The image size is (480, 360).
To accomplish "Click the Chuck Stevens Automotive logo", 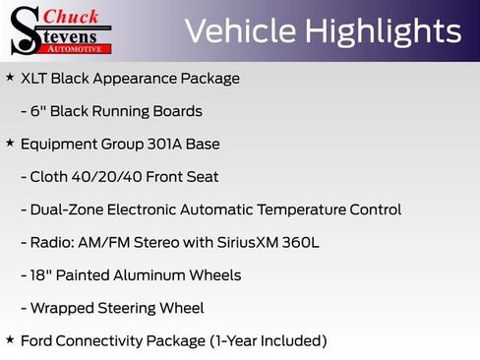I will pyautogui.click(x=61, y=30).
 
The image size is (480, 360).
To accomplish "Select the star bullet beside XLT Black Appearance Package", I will pyautogui.click(x=10, y=77).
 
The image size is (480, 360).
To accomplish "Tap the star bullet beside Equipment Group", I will pyautogui.click(x=10, y=143).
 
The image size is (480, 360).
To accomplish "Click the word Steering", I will pyautogui.click(x=133, y=308).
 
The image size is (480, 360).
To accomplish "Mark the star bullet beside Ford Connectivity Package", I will pyautogui.click(x=10, y=339).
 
